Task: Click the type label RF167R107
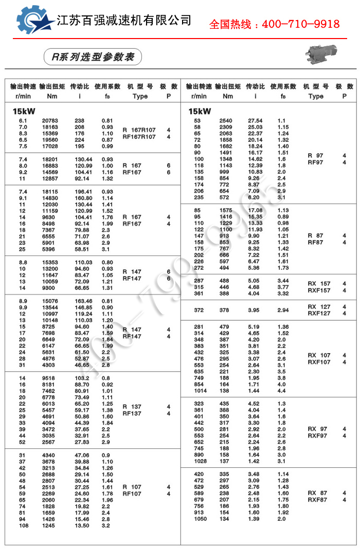[x=139, y=137]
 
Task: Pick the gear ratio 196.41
[x=84, y=192]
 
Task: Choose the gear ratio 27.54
[x=255, y=121]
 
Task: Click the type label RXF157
[x=319, y=290]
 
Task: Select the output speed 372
[x=199, y=310]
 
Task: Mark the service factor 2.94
[x=283, y=310]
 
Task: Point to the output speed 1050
[x=200, y=519]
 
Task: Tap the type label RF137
[x=132, y=413]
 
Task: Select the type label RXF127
[x=319, y=313]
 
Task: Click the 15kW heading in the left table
[x=24, y=111]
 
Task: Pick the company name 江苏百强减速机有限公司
[x=123, y=21]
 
